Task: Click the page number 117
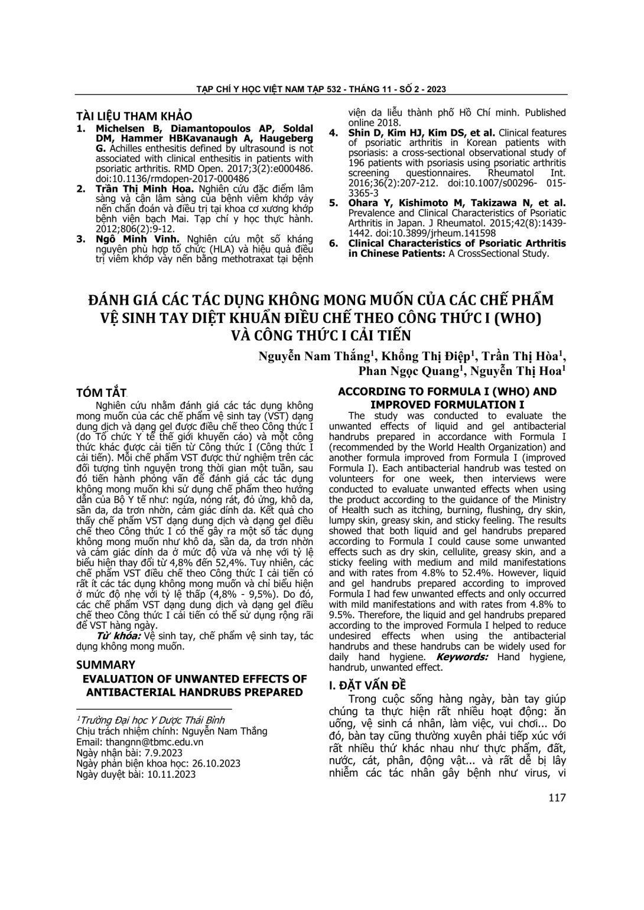click(557, 798)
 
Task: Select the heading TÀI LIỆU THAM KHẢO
click(134, 116)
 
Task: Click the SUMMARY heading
click(106, 664)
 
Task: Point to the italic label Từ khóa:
click(118, 636)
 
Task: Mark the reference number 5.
click(333, 203)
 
